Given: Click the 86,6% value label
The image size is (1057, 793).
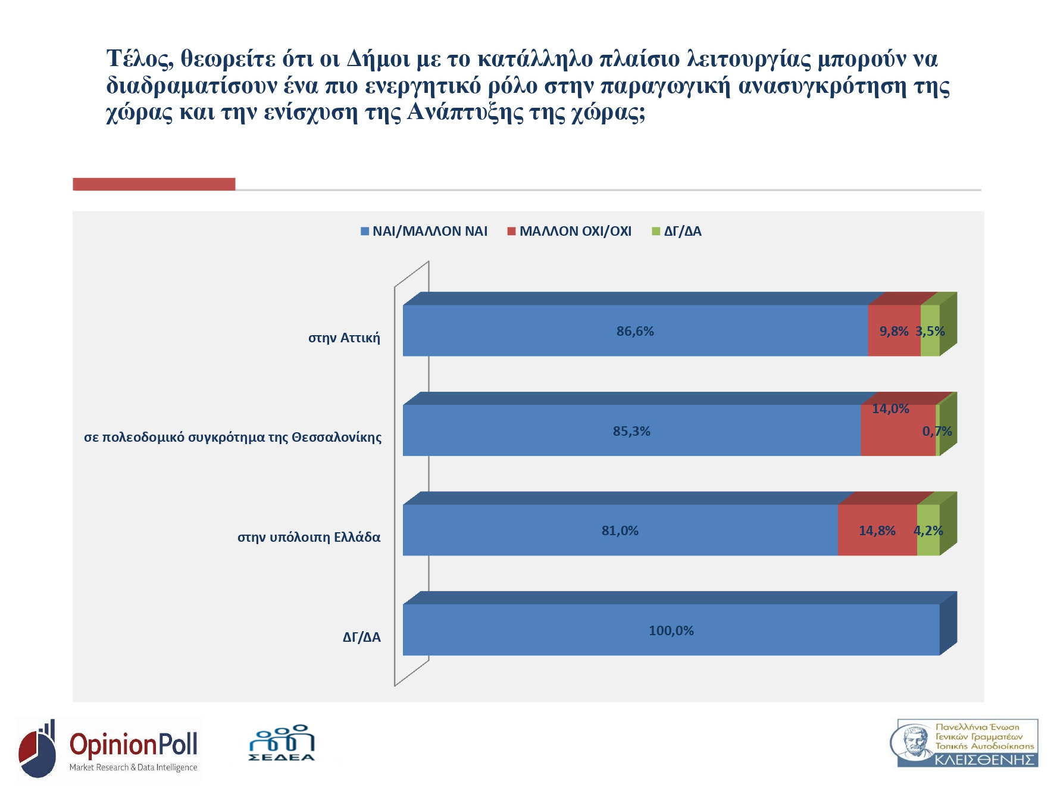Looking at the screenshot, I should point(635,332).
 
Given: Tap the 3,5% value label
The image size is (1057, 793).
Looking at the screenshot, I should point(930,332).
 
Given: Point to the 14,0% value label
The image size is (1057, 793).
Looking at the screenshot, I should point(890,409).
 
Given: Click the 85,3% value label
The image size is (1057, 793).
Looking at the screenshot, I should point(631,431).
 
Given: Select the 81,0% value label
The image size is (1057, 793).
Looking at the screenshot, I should point(620,530).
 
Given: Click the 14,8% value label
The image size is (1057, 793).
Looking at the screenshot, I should point(877,530).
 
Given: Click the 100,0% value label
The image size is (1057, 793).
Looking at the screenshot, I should point(671,630).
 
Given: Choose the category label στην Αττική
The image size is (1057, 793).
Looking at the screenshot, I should point(344,338).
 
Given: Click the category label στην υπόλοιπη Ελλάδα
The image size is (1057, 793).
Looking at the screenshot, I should point(309,538).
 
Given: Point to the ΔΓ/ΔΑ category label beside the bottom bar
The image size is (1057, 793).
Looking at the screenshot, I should point(361,638).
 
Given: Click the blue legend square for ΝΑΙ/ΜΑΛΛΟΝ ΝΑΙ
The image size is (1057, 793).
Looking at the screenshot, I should point(365,232).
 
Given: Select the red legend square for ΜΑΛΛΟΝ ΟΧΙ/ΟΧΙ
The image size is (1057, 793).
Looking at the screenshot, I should point(511,232).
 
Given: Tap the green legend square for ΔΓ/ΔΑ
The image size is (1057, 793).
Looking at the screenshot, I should point(656,232).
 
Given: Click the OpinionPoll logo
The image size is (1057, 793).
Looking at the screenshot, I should point(110,750).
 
